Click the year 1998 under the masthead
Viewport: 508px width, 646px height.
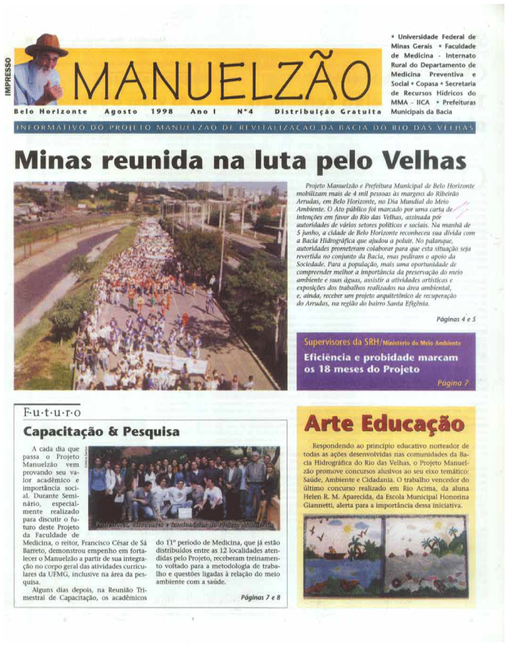(x=160, y=111)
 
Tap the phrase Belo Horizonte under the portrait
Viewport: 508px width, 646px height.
(x=37, y=111)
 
